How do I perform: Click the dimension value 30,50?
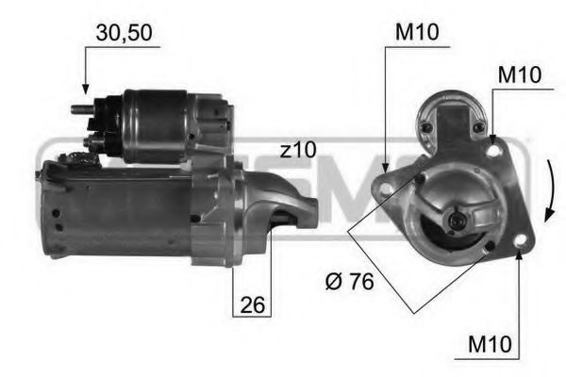[x=125, y=32]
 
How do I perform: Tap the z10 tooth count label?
[x=298, y=149]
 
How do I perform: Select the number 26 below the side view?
[x=251, y=304]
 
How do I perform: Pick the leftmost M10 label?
[x=416, y=32]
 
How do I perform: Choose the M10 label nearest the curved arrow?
[x=518, y=74]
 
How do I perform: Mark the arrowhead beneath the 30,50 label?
[x=85, y=91]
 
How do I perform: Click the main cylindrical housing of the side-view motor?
[x=118, y=212]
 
